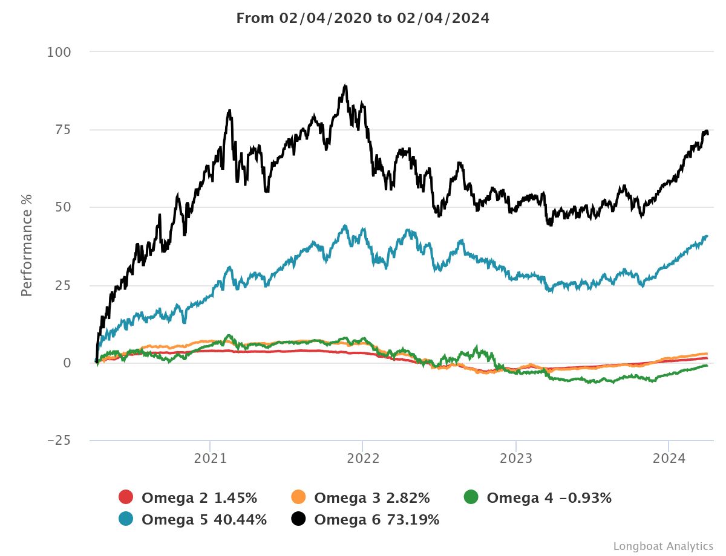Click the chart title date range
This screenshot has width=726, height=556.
pos(362,18)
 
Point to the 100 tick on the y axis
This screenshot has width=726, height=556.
pos(59,53)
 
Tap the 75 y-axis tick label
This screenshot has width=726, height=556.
pos(63,130)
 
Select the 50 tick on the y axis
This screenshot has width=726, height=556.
pos(63,207)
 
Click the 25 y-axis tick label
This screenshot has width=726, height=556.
pos(63,285)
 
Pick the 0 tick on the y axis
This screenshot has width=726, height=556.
pos(67,363)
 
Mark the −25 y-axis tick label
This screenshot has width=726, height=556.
pos(59,441)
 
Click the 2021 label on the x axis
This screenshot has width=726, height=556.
pos(209,459)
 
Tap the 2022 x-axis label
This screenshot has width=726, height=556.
pos(362,459)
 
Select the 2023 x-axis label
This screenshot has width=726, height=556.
pos(515,459)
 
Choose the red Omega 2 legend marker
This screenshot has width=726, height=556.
pos(126,497)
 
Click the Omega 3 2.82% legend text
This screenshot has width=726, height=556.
pos(372,498)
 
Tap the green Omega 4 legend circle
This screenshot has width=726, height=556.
pos(471,497)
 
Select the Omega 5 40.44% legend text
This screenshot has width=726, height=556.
pos(204,519)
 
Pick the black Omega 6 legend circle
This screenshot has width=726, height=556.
pos(298,519)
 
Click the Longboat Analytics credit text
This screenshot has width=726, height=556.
pos(663,546)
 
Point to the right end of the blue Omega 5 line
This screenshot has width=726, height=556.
pos(707,236)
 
